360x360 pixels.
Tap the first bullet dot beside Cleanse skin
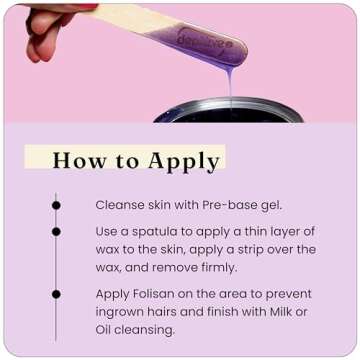tap(56, 205)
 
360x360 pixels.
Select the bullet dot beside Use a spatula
tap(56, 231)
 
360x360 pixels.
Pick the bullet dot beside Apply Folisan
tap(56, 294)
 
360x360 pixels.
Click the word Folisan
tap(158, 294)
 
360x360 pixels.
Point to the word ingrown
tap(122, 312)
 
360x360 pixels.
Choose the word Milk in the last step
tap(278, 312)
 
